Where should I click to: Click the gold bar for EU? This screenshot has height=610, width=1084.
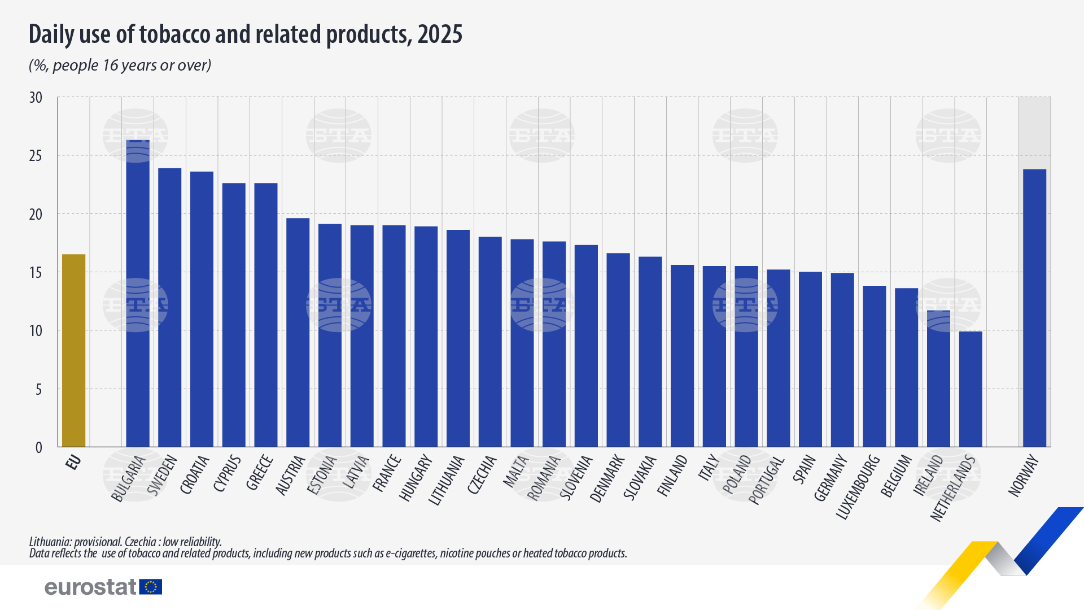tap(73, 351)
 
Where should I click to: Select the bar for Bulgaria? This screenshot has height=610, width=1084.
tap(138, 294)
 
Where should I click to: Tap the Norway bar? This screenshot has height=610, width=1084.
tap(1034, 308)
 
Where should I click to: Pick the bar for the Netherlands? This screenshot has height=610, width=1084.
tap(971, 389)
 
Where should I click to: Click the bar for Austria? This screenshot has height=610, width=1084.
tap(298, 333)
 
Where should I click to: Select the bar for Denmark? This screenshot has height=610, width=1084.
tap(618, 350)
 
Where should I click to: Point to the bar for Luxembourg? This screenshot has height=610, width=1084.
tap(875, 367)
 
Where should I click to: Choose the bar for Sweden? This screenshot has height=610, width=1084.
tap(170, 308)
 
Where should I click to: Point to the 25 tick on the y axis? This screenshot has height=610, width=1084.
tap(36, 156)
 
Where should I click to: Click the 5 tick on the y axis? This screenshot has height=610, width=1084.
tap(38, 389)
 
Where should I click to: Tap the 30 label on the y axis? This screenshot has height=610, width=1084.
tap(36, 98)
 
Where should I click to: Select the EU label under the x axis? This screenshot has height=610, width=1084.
tap(74, 462)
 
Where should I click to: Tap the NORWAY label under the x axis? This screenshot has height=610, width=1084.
tap(1024, 476)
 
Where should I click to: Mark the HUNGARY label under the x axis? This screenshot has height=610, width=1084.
tap(416, 478)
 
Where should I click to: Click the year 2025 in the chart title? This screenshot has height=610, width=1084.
tap(440, 34)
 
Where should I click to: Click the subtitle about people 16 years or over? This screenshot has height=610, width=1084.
tap(120, 66)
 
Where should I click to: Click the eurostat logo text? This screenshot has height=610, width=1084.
tap(90, 587)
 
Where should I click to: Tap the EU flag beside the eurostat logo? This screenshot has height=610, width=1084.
tap(151, 587)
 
